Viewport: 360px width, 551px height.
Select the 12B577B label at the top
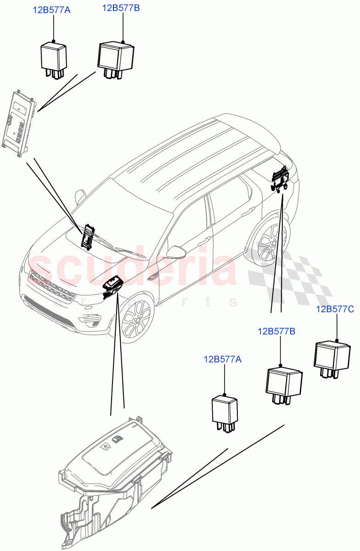coord(121,8)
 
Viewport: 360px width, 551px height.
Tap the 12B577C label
coord(335,309)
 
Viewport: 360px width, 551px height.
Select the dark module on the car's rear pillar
coord(280,180)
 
